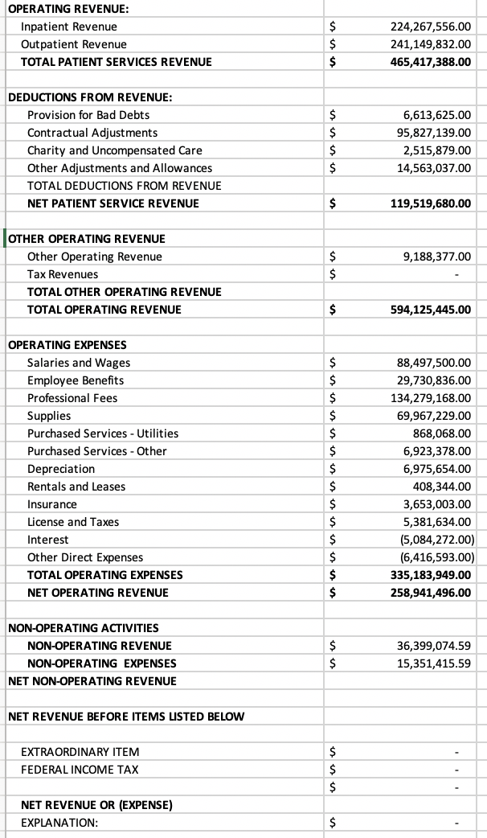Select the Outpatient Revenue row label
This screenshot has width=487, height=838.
pos(73,44)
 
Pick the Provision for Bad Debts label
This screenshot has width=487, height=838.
pos(88,115)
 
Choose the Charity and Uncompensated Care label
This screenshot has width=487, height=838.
pos(114,150)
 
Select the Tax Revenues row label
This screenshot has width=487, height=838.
pos(63,274)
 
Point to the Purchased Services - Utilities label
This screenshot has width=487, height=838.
pos(103,433)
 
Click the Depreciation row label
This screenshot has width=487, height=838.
pos(61,469)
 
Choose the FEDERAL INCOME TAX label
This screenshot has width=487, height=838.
pos(80,770)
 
